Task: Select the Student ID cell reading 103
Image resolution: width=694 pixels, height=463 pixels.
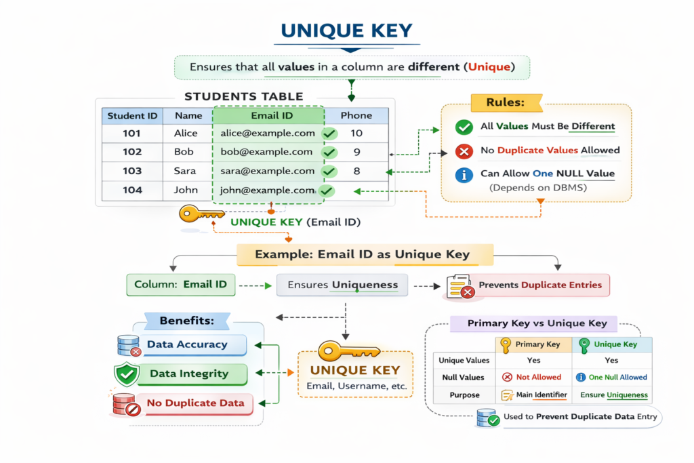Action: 132,171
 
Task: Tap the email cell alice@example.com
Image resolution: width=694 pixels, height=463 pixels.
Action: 267,133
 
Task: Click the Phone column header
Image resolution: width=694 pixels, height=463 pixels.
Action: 356,115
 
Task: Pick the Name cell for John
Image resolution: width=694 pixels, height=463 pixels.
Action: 186,190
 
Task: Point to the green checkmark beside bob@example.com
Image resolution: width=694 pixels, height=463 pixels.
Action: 329,153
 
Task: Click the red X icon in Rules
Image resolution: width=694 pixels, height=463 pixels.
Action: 464,150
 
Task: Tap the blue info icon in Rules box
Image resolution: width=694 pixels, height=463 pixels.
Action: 464,174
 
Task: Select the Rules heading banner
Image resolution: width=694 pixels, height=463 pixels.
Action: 505,103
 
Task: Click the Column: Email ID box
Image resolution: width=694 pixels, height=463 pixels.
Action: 181,285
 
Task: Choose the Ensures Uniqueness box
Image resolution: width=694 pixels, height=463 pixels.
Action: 342,285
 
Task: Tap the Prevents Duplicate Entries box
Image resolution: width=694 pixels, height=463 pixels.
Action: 529,285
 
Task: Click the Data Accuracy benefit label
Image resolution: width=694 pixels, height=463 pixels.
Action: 187,344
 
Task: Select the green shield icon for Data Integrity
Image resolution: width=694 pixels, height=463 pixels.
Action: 127,374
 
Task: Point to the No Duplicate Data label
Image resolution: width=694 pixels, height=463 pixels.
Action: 195,403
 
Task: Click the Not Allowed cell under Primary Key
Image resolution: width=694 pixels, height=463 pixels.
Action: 532,377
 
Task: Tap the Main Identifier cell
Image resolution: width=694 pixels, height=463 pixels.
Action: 532,395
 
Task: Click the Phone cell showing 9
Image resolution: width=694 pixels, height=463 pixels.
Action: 356,152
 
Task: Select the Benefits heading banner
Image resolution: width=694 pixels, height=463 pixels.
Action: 186,320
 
